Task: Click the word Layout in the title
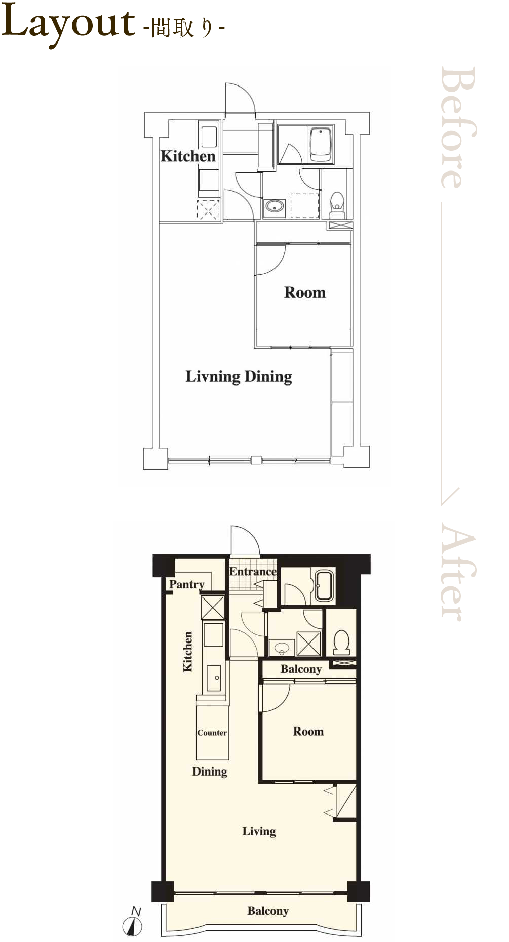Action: point(68,23)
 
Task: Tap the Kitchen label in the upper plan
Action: point(188,156)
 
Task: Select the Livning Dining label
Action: point(239,377)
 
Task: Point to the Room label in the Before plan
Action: point(305,292)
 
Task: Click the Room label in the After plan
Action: point(308,731)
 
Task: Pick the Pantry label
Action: point(187,584)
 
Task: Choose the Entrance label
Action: point(253,572)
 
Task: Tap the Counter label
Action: point(212,733)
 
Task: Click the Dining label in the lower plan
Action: point(210,772)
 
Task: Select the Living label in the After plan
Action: point(259,831)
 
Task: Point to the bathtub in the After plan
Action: point(325,586)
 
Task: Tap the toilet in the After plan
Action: point(342,641)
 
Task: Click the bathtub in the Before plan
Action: point(321,144)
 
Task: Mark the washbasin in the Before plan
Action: point(275,206)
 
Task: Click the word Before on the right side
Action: point(458,128)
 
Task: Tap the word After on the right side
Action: point(458,572)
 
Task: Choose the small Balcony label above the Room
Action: point(301,669)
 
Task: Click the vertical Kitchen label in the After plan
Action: point(188,652)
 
